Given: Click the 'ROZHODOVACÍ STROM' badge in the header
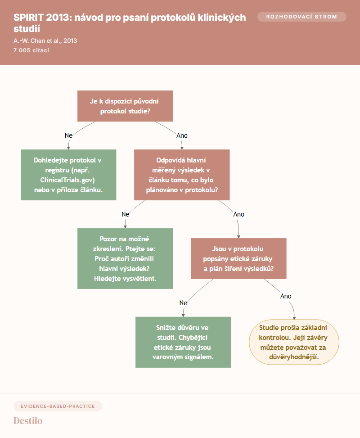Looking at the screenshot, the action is (x=301, y=17).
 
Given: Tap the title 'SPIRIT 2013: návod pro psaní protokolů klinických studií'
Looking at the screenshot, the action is (x=130, y=23).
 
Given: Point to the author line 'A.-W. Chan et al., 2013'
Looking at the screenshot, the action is (x=45, y=41).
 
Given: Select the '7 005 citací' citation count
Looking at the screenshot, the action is (x=31, y=50).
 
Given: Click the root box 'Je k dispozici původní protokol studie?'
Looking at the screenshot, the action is (x=125, y=106).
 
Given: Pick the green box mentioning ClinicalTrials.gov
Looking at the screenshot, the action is (x=68, y=175).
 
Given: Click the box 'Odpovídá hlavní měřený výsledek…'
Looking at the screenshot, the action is (x=182, y=175).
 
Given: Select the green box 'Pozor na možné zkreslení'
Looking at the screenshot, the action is (x=125, y=259).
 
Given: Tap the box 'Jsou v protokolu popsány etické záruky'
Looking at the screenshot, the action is (x=238, y=259).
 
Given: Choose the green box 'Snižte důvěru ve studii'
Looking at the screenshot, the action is (x=183, y=342).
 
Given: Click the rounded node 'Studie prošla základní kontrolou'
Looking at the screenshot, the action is (x=294, y=342).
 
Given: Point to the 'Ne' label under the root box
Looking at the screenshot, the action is (x=68, y=135).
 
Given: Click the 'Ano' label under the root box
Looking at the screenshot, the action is (x=182, y=135).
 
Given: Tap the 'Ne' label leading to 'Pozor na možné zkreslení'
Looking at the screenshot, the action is (x=125, y=214).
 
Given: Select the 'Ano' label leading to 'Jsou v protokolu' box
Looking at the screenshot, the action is (x=238, y=214).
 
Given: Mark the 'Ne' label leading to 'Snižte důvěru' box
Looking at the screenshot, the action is (x=183, y=303).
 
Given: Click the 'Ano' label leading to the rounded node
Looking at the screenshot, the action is (x=286, y=296).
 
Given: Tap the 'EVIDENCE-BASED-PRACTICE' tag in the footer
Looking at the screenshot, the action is (x=58, y=406).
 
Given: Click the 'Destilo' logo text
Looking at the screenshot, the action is (x=28, y=421).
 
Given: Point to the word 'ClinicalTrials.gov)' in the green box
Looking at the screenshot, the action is (x=67, y=180).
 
